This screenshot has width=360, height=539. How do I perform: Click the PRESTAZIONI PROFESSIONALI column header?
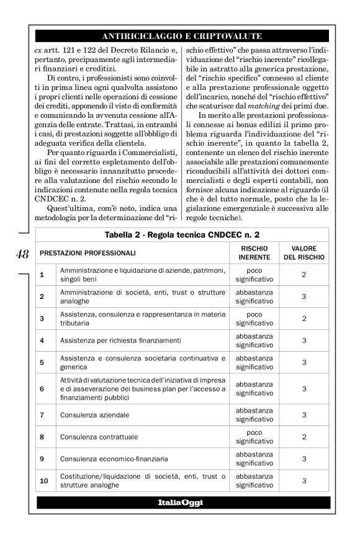point(88,253)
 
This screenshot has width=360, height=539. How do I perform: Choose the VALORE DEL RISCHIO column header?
point(304,253)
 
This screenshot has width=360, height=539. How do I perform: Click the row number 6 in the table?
point(42,388)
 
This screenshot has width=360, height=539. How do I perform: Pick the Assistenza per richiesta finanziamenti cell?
point(111,340)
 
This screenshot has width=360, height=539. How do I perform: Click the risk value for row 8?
point(304,437)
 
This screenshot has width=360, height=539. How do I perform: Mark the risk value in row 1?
point(304,274)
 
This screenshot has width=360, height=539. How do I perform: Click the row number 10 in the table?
point(43,481)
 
